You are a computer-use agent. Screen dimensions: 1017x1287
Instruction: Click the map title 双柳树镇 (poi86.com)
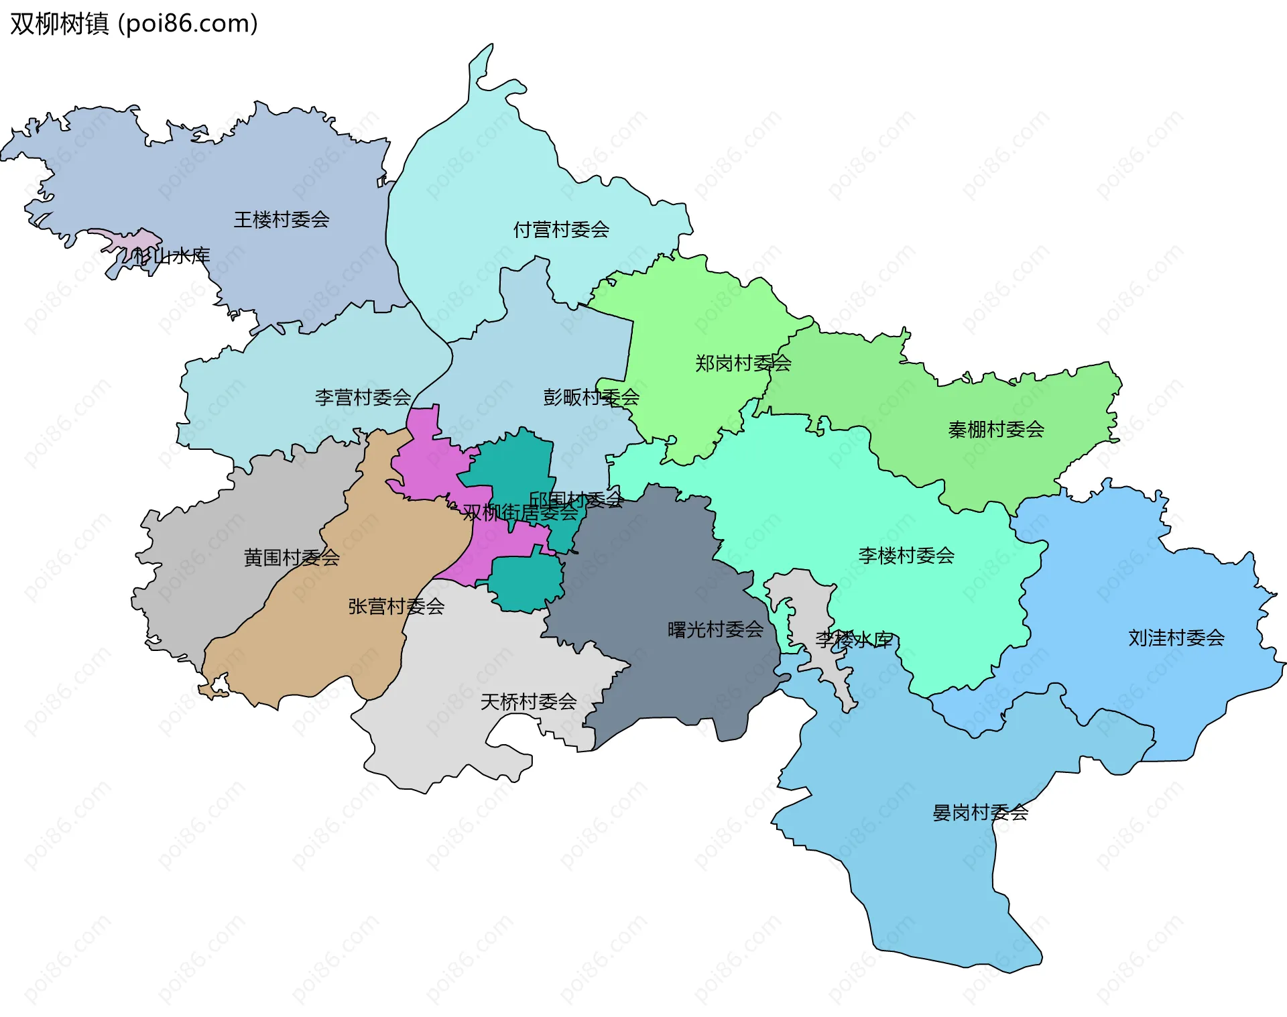tap(134, 24)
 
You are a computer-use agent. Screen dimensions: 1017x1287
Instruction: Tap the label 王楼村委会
tap(281, 220)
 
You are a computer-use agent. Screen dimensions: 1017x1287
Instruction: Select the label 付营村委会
tap(561, 230)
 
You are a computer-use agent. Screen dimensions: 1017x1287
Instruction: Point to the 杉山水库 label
tap(172, 255)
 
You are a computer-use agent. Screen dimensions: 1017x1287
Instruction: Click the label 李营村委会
tap(363, 398)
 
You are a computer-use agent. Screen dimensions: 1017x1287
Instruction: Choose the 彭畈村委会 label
tap(591, 398)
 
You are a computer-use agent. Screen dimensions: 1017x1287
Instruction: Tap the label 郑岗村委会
tap(743, 363)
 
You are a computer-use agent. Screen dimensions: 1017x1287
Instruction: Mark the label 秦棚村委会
tap(996, 430)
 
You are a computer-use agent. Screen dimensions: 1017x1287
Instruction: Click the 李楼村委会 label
tap(906, 556)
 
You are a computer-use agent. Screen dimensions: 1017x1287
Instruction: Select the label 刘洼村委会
tap(1176, 638)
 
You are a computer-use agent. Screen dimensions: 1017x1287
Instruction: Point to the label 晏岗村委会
tap(980, 813)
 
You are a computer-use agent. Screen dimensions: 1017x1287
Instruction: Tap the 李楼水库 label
tap(853, 640)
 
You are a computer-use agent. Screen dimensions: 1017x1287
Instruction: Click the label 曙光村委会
tap(715, 630)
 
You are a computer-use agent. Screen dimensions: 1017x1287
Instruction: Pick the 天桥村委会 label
tap(528, 702)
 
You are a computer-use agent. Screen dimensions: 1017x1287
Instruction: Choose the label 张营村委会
tap(396, 607)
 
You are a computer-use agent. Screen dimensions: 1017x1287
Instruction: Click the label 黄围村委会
tap(292, 558)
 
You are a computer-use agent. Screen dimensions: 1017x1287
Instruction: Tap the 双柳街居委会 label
tap(519, 514)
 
